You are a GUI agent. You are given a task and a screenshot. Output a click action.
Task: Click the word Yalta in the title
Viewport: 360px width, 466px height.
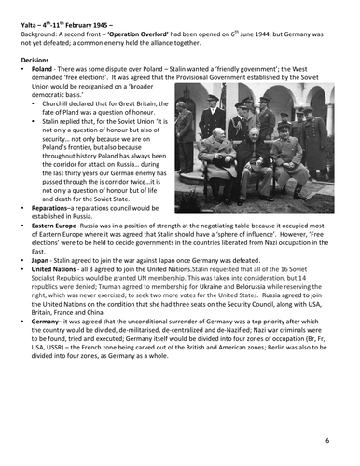click(32, 10)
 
